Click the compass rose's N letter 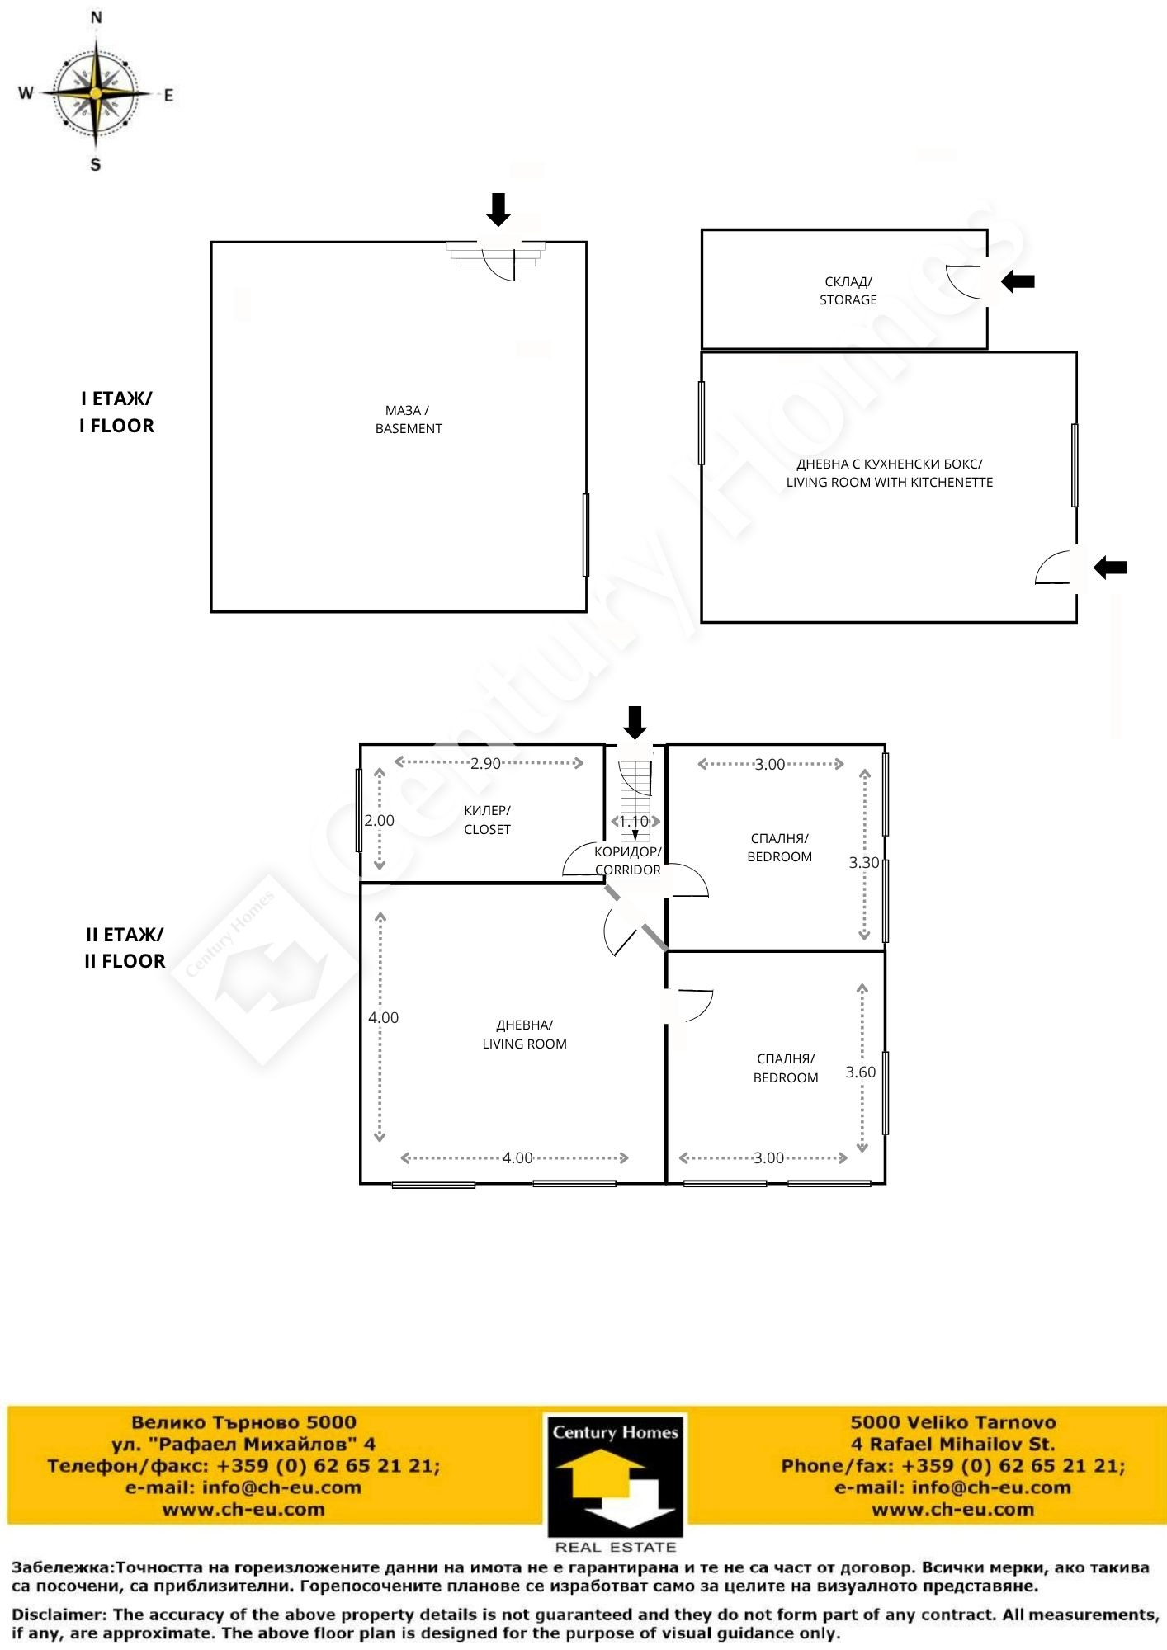97,17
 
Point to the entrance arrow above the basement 498,210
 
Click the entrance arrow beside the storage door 1018,281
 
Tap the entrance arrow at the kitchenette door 1110,567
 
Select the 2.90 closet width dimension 486,763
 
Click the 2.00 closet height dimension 380,820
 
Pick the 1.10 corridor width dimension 635,822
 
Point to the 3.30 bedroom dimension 864,862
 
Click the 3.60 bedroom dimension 861,1072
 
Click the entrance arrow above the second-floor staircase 635,723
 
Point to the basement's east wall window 586,535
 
